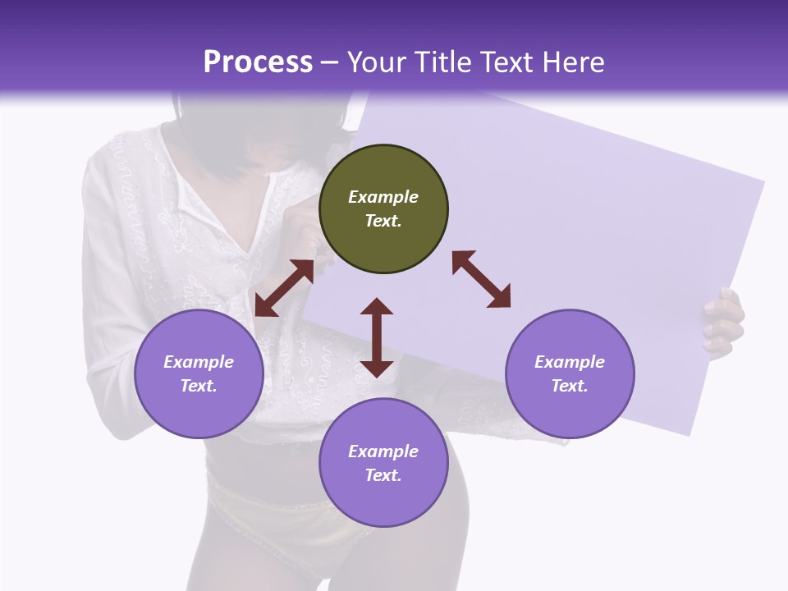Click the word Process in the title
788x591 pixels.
(258, 62)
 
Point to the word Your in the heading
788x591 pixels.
(378, 62)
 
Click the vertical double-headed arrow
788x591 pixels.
(377, 337)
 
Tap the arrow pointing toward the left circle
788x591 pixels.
(284, 288)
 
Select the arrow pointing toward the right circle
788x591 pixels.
(481, 279)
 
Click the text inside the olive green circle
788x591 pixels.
(383, 208)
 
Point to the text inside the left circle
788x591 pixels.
(199, 373)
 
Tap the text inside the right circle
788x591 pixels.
(570, 373)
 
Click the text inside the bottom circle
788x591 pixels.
(383, 463)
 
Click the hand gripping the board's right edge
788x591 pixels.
(724, 323)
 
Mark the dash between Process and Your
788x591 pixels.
(330, 63)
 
